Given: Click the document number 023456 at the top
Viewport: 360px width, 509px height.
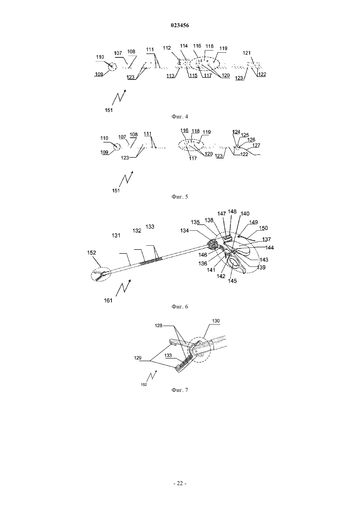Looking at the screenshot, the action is (x=180, y=26).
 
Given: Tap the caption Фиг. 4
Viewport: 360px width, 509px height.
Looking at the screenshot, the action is (x=180, y=116).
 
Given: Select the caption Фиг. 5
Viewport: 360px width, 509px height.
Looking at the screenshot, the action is (x=180, y=197).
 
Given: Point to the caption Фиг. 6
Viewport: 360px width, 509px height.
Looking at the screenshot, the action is (x=180, y=307).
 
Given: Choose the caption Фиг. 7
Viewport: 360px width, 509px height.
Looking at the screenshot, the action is (x=180, y=390).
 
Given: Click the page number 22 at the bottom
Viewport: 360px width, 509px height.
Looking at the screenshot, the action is (x=180, y=483).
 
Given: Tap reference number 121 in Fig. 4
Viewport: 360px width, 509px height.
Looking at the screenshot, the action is (x=246, y=53).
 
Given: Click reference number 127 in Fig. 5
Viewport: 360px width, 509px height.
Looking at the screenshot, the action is (x=256, y=145).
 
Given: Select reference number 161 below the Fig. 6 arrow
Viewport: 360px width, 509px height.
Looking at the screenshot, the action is (x=108, y=300).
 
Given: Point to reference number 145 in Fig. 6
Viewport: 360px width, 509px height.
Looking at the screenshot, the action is (x=232, y=281).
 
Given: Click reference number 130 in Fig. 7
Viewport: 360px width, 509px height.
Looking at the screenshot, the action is (x=216, y=321).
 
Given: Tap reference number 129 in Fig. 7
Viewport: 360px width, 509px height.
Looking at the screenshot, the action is (x=138, y=358).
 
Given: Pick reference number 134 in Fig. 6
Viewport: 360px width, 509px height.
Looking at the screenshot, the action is (x=185, y=230).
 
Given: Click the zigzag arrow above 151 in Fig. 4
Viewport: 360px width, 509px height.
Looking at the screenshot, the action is (x=119, y=98).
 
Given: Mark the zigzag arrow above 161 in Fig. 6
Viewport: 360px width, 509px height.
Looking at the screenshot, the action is (x=123, y=288).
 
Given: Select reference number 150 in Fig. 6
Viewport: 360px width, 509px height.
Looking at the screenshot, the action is (x=263, y=228).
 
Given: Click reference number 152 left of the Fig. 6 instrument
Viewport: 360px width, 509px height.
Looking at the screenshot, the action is (x=92, y=253).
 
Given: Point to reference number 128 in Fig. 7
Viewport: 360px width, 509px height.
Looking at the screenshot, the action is (x=159, y=325).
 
